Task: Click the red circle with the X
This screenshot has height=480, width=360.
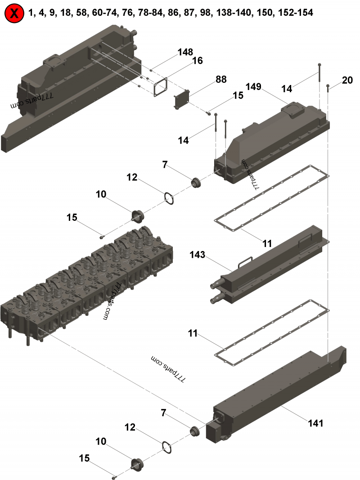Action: pyautogui.click(x=14, y=13)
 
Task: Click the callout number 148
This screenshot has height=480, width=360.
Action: pyautogui.click(x=185, y=52)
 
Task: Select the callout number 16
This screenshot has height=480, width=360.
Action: pyautogui.click(x=198, y=61)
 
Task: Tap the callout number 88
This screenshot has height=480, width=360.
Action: pyautogui.click(x=221, y=79)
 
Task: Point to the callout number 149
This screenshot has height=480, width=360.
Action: pyautogui.click(x=253, y=87)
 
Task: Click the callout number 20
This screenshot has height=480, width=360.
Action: pyautogui.click(x=347, y=80)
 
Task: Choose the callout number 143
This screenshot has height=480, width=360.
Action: pyautogui.click(x=197, y=255)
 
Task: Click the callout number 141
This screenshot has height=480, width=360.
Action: pyautogui.click(x=315, y=423)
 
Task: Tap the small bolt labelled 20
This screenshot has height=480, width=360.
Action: pyautogui.click(x=328, y=88)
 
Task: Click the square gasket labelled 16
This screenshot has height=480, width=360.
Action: pyautogui.click(x=160, y=87)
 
